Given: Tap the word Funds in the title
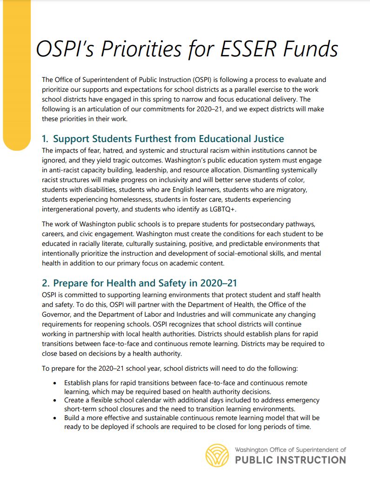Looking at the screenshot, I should [310, 50].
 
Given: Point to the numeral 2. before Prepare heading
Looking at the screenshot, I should [46, 283].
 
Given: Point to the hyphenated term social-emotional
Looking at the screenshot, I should [264, 254].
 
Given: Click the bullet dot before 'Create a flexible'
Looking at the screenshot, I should [55, 401].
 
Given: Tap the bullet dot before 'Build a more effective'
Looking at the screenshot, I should [55, 418].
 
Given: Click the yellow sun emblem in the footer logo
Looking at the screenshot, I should [217, 455].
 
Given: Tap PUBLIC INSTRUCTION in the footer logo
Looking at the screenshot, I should [290, 460].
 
